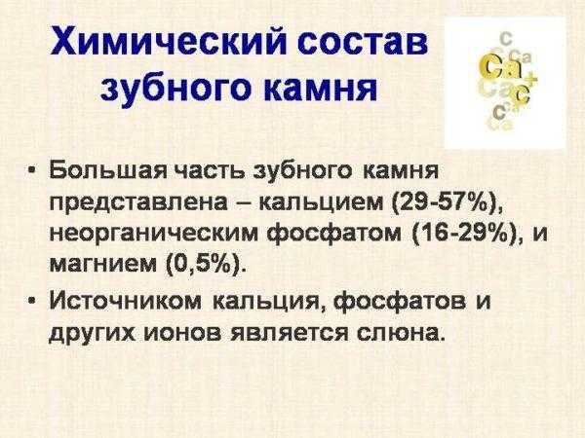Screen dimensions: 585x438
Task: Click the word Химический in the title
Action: click(169, 41)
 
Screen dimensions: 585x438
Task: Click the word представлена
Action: click(138, 204)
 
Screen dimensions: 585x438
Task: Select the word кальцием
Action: click(321, 203)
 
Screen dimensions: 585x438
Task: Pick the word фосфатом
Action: click(334, 235)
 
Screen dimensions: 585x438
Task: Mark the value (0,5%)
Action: click(205, 264)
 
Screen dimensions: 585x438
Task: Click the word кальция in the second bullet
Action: click(268, 301)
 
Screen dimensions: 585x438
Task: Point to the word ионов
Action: click(184, 332)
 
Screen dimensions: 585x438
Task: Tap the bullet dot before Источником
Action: click(33, 299)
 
